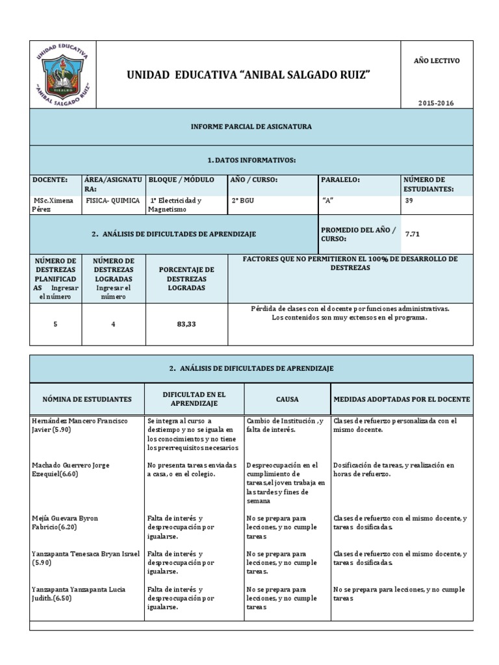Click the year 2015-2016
(x=436, y=103)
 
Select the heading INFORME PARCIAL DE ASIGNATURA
(x=251, y=127)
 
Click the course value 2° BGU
(x=243, y=201)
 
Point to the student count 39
(x=409, y=201)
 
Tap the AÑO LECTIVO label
(x=436, y=60)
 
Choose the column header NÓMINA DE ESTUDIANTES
(x=87, y=399)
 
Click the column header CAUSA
(x=287, y=399)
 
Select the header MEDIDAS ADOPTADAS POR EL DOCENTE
(x=402, y=399)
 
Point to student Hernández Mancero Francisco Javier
(x=80, y=425)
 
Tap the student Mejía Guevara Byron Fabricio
(x=65, y=523)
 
